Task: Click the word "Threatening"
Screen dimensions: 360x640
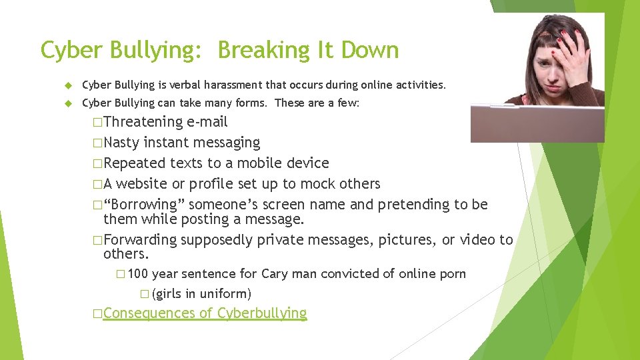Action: click(x=143, y=122)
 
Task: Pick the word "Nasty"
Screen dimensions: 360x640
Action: click(x=121, y=143)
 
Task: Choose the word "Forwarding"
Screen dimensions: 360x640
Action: click(x=140, y=240)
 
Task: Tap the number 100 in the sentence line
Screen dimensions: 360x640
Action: click(x=137, y=274)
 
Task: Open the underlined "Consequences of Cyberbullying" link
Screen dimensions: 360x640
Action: click(x=205, y=313)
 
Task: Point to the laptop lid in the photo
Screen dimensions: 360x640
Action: click(x=527, y=124)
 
